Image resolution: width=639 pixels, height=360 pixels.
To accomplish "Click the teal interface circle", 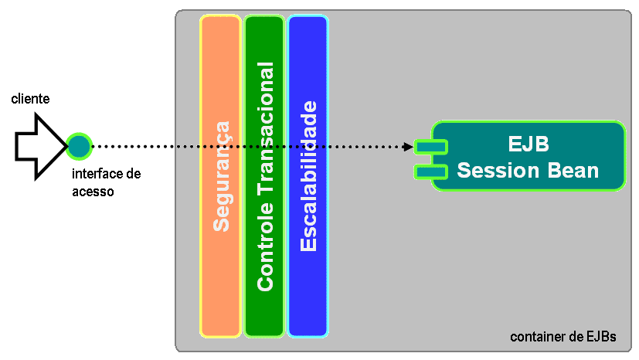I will pyautogui.click(x=78, y=145).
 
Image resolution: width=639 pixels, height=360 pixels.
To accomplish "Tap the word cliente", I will pyautogui.click(x=30, y=99).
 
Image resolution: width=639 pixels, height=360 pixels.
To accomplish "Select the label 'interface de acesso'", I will pyautogui.click(x=106, y=182).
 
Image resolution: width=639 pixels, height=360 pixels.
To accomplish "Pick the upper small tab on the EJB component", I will pyautogui.click(x=430, y=146).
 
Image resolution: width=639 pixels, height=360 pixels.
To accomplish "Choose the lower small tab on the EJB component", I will pyautogui.click(x=430, y=171).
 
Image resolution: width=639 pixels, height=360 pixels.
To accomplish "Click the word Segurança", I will pyautogui.click(x=221, y=176).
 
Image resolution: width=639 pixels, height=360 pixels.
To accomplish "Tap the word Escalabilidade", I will pyautogui.click(x=308, y=176).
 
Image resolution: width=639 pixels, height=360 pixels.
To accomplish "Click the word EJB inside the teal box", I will pyautogui.click(x=529, y=145).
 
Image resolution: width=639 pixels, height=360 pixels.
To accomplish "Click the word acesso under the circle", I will pyautogui.click(x=93, y=191).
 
